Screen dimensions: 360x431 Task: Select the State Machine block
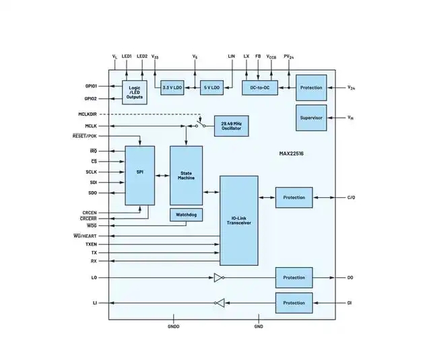coord(186,175)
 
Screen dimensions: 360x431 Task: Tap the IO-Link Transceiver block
coord(239,221)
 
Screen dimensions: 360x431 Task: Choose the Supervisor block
coord(311,118)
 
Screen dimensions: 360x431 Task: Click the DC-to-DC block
coord(259,88)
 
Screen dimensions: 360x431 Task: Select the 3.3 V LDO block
coord(172,88)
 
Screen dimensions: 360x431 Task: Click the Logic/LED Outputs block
coord(135,92)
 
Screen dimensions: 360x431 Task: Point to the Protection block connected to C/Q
coord(294,198)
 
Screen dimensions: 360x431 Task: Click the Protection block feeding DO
coord(294,277)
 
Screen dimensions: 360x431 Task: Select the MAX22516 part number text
coord(293,153)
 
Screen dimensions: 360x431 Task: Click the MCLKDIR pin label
coord(88,114)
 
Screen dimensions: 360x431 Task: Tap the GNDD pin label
coord(173,326)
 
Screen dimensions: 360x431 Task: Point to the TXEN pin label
coord(91,244)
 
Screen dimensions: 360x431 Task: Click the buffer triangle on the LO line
coord(218,277)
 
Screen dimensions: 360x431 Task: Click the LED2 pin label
coord(142,56)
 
